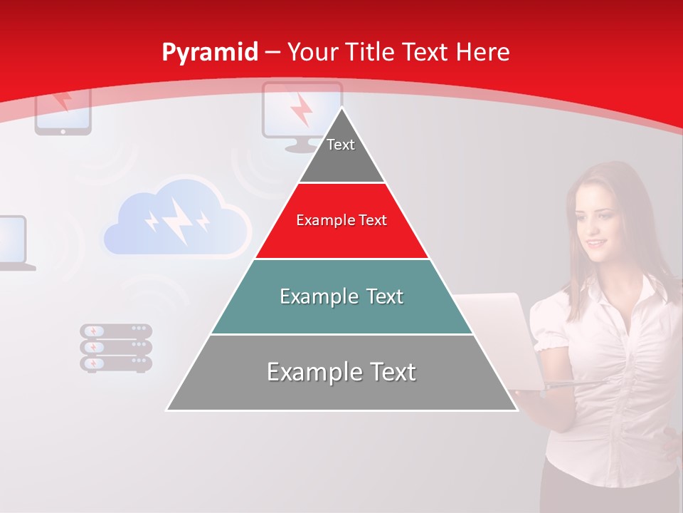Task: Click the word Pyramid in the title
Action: pyautogui.click(x=209, y=53)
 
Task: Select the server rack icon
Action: pyautogui.click(x=116, y=347)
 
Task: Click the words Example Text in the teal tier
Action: pyautogui.click(x=341, y=296)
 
